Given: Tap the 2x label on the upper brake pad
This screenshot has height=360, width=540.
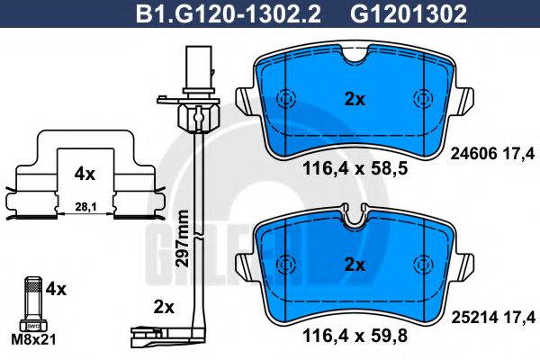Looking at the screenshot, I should (x=355, y=100).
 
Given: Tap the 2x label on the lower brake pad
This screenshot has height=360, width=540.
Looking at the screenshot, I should (x=355, y=265).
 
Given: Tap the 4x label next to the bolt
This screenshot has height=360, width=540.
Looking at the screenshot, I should (x=56, y=290).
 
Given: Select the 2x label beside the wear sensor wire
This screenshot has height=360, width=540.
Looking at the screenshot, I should (x=163, y=307).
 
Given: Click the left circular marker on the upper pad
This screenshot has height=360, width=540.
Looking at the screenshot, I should (x=286, y=100).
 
